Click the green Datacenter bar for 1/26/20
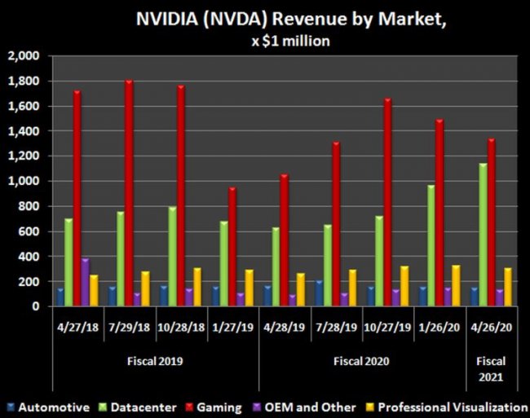(x=431, y=245)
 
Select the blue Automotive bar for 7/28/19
(x=319, y=293)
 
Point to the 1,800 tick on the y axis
(x=24, y=81)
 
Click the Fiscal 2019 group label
(x=156, y=360)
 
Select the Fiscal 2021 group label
(x=492, y=369)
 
